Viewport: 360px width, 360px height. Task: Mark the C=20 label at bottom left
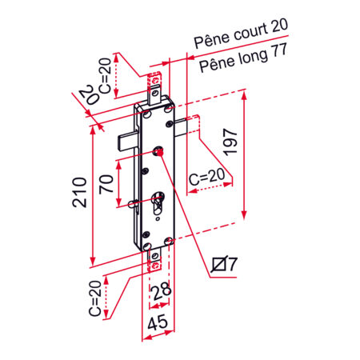pyautogui.click(x=94, y=298)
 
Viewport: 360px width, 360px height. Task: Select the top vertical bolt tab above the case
pyautogui.click(x=156, y=80)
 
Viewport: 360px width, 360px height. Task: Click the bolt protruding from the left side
pyautogui.click(x=127, y=139)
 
